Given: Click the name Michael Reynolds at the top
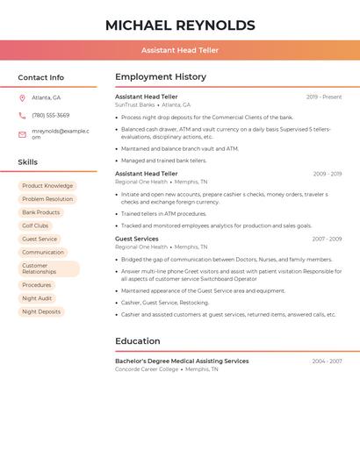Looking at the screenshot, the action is point(180,25).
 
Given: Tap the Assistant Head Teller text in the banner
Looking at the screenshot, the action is point(180,51).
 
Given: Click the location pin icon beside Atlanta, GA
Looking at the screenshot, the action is point(22,98).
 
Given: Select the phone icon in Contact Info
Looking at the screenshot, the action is point(22,116).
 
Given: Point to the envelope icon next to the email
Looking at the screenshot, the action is point(22,134).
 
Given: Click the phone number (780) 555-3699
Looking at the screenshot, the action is point(50,116).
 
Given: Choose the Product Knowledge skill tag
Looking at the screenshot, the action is point(47,186).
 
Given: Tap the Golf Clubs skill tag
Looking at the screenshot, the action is point(35,225).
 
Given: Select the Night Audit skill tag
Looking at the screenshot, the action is point(37,298).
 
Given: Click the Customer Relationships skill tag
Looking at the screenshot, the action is point(48,268).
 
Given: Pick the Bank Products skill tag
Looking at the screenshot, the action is point(41,212).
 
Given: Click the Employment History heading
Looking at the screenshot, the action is point(161,77).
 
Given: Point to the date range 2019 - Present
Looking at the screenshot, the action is point(324,97).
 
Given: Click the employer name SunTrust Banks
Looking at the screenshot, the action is point(134,105).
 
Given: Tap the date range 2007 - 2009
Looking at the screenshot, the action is point(327,239).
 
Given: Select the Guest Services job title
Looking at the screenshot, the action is point(137,239).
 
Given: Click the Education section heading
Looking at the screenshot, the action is point(138,341).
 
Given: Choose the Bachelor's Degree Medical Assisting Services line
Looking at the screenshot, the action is point(182,361).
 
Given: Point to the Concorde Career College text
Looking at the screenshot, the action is point(146,369).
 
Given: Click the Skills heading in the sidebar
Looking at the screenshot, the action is point(28,162).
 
